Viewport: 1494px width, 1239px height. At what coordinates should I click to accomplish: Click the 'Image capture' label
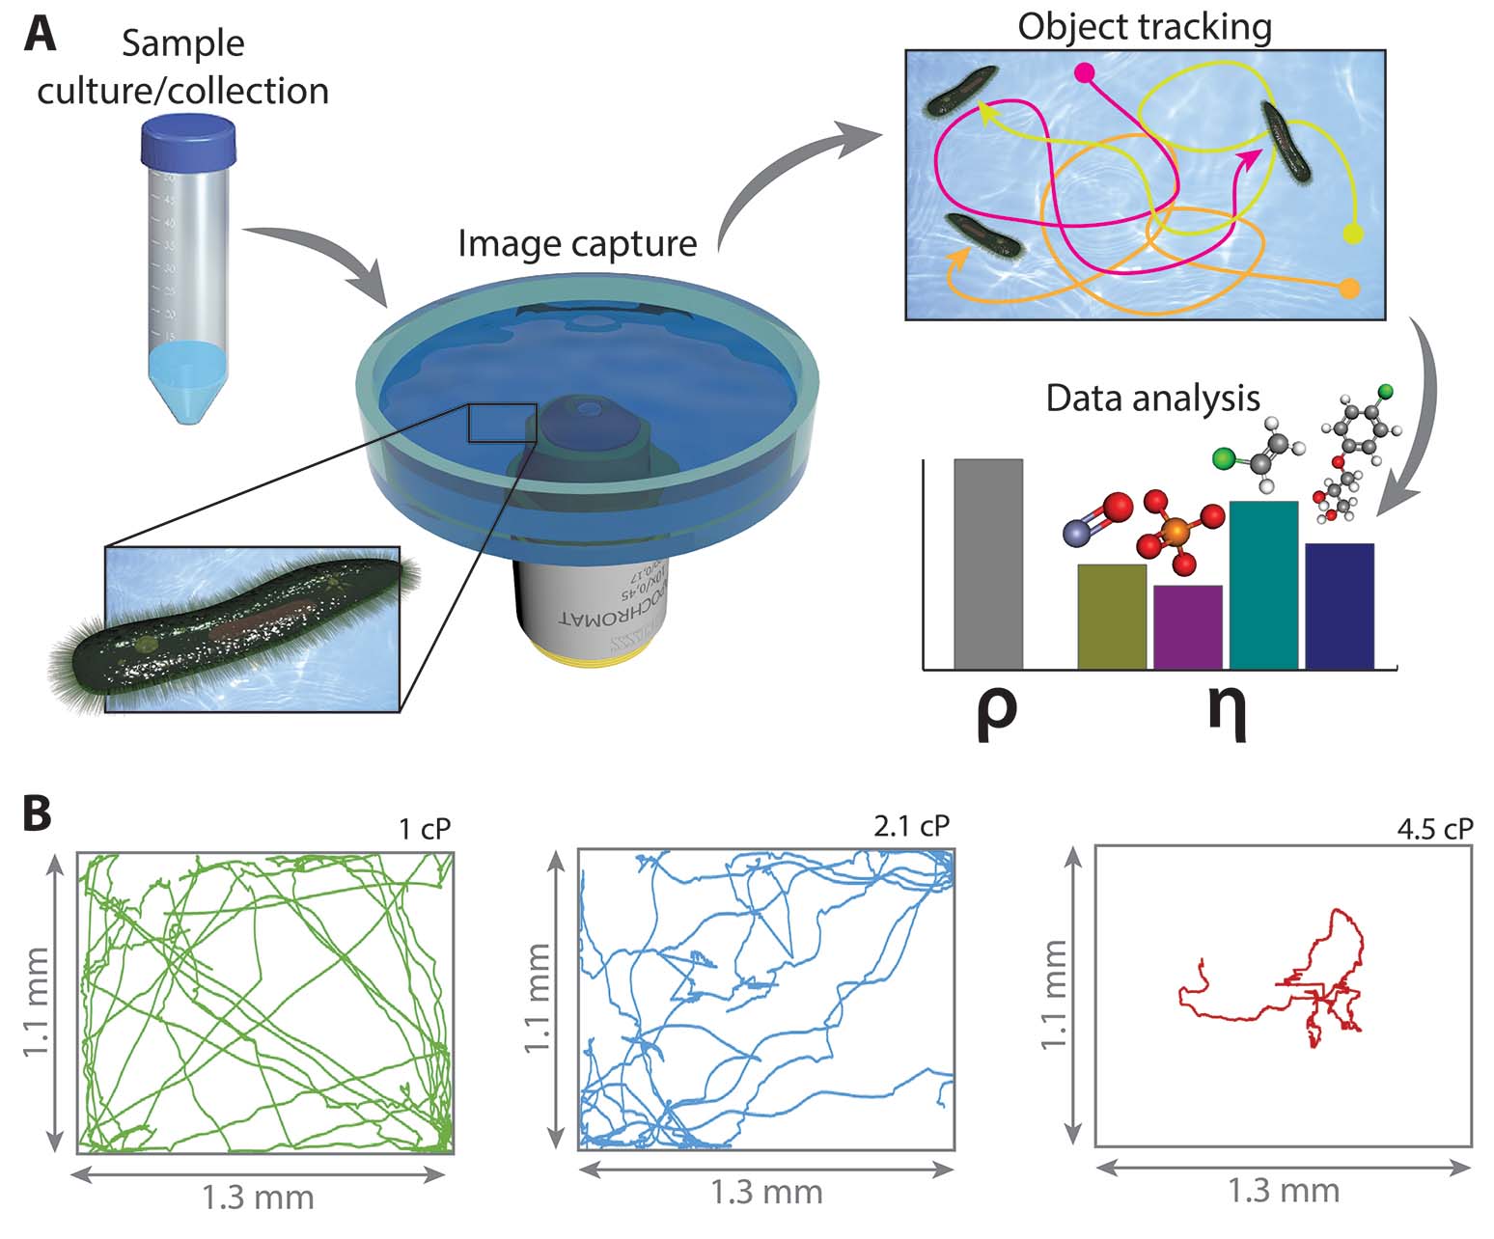(577, 242)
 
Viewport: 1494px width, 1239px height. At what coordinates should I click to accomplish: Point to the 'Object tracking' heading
(1145, 25)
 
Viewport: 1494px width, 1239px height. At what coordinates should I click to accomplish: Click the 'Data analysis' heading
(1153, 398)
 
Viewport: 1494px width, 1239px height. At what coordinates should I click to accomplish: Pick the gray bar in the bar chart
(987, 564)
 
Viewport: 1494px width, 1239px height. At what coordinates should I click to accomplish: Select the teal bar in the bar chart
(1263, 584)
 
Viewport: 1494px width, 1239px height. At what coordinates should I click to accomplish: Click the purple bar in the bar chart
(1187, 626)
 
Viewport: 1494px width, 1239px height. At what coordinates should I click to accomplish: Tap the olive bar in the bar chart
(1112, 616)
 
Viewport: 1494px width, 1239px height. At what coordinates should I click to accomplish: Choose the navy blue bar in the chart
(1339, 605)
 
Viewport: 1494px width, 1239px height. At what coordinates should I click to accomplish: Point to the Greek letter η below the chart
(1227, 712)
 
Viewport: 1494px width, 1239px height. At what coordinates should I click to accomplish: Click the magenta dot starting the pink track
(1084, 72)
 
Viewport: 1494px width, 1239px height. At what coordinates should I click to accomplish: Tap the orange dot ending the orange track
(1349, 288)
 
